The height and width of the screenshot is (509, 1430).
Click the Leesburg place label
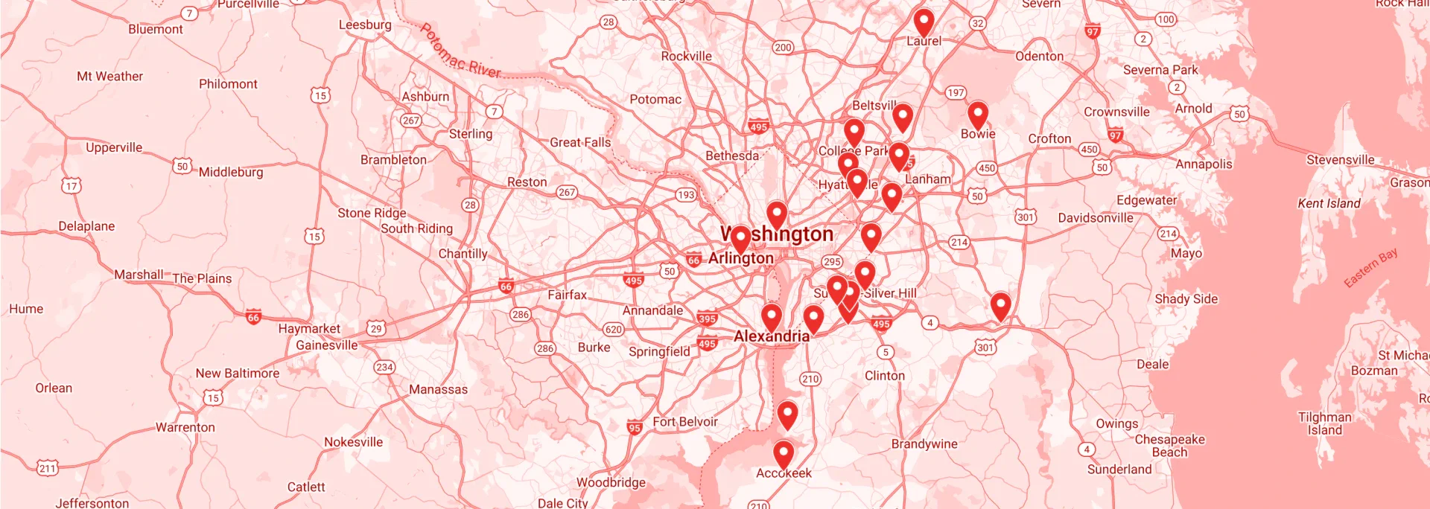365,25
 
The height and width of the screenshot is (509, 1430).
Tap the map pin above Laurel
924,22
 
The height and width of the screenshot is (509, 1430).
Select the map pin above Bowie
977,115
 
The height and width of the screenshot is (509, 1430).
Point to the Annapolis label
1204,164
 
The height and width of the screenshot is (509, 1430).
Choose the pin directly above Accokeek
783,453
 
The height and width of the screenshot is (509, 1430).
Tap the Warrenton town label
185,427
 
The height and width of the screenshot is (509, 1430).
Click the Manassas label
438,389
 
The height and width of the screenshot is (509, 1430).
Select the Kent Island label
1329,203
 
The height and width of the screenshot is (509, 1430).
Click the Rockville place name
686,56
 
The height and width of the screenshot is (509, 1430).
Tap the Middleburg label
231,172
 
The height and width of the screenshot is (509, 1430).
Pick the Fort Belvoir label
685,422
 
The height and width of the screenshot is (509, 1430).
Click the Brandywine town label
924,444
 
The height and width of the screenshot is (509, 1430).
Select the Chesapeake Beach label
1169,445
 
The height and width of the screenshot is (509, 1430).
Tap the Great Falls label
580,142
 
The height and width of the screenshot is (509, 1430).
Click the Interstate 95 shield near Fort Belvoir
634,427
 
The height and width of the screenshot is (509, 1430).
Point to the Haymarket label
309,328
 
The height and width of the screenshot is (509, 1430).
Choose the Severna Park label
1160,70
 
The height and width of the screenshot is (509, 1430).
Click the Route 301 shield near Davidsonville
1025,217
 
